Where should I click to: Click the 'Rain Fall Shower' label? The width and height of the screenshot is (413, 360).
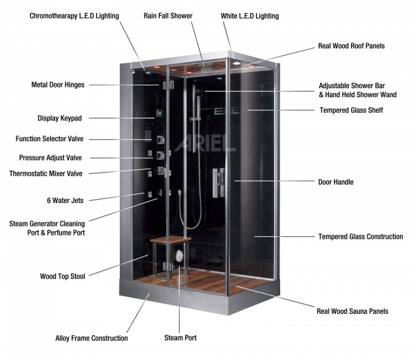pyautogui.click(x=168, y=16)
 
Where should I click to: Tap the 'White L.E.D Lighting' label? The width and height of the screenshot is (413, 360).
pyautogui.click(x=250, y=16)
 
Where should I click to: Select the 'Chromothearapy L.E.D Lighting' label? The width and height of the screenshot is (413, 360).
pyautogui.click(x=74, y=16)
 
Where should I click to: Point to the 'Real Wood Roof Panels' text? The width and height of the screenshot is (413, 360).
pyautogui.click(x=351, y=46)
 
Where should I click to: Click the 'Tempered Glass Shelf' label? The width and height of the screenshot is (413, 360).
pyautogui.click(x=351, y=110)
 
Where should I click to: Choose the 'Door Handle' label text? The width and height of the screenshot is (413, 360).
pyautogui.click(x=336, y=182)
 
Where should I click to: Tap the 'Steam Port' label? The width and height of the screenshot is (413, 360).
pyautogui.click(x=180, y=337)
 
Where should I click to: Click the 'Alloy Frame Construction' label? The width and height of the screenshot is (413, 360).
pyautogui.click(x=92, y=338)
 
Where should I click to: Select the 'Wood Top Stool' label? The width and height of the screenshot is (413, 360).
pyautogui.click(x=63, y=276)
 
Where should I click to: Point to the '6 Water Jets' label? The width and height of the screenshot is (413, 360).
pyautogui.click(x=65, y=200)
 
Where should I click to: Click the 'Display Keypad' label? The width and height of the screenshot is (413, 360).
pyautogui.click(x=59, y=118)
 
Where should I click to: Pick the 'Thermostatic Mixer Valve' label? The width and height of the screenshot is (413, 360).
pyautogui.click(x=46, y=173)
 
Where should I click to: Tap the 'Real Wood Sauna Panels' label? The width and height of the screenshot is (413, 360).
pyautogui.click(x=352, y=311)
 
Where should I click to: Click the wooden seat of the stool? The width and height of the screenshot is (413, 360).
pyautogui.click(x=171, y=240)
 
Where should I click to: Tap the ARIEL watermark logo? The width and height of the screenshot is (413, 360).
pyautogui.click(x=205, y=143)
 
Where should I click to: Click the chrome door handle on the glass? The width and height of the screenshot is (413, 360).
pyautogui.click(x=219, y=183)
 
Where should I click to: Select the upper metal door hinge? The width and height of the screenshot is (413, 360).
pyautogui.click(x=169, y=85)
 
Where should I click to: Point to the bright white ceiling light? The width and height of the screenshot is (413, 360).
pyautogui.click(x=237, y=63)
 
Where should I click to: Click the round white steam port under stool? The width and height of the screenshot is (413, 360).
pyautogui.click(x=179, y=255)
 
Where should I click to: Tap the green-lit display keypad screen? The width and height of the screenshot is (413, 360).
pyautogui.click(x=159, y=114)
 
